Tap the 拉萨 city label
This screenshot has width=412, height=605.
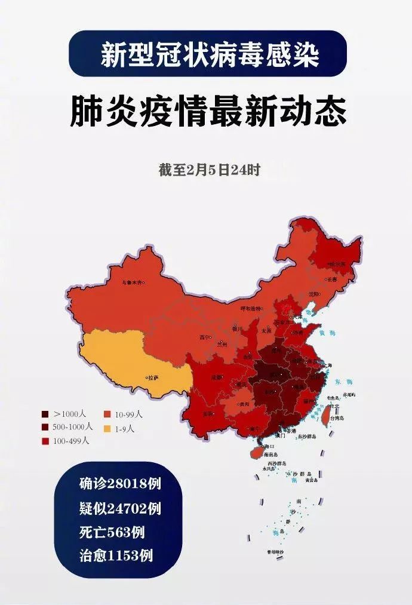[x=153, y=377]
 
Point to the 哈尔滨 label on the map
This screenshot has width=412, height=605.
[x=338, y=263]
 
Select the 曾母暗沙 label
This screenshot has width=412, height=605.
[x=275, y=553]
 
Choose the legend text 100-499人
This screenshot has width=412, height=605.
[x=71, y=441]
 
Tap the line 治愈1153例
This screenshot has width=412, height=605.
[x=115, y=555]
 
